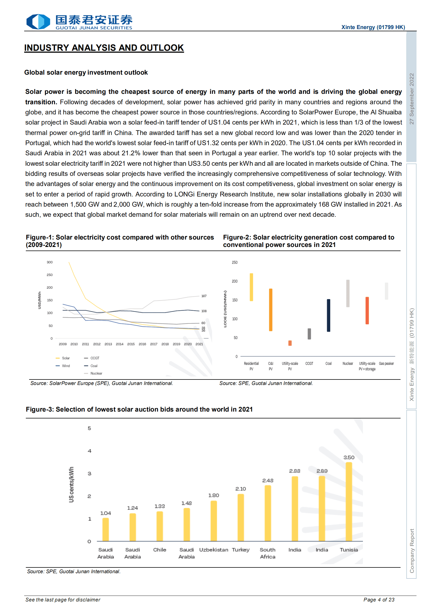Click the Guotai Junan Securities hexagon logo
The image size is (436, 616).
pyautogui.click(x=38, y=21)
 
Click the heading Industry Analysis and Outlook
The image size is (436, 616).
pyautogui.click(x=104, y=48)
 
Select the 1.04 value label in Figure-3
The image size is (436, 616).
pyautogui.click(x=105, y=513)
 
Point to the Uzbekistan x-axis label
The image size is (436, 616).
pyautogui.click(x=213, y=550)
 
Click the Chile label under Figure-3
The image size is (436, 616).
pyautogui.click(x=160, y=550)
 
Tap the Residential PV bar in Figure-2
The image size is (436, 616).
pyautogui.click(x=251, y=287)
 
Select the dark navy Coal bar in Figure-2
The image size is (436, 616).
pyautogui.click(x=328, y=315)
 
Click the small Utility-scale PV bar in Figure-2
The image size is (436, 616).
pyautogui.click(x=290, y=343)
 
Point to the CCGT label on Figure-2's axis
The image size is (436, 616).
pyautogui.click(x=309, y=364)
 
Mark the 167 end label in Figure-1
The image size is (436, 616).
pyautogui.click(x=204, y=296)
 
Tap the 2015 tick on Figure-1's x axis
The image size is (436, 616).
pyautogui.click(x=131, y=344)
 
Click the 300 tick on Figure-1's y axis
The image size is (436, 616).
pyautogui.click(x=49, y=262)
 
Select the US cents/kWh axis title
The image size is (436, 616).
pyautogui.click(x=71, y=485)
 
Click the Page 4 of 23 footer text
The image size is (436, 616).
pyautogui.click(x=379, y=600)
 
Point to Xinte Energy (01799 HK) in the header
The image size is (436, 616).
pyautogui.click(x=373, y=27)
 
